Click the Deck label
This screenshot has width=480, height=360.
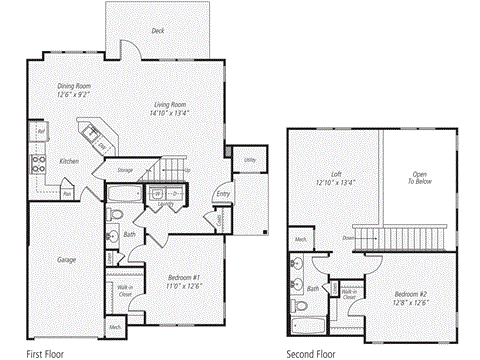tap(158, 31)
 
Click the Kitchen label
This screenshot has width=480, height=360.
tap(69, 161)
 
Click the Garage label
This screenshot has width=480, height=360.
tap(66, 259)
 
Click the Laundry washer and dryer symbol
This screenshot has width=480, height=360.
tap(157, 193)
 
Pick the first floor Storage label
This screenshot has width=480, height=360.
tap(126, 171)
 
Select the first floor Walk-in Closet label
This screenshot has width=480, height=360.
tap(126, 292)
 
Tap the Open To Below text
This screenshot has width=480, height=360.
tap(417, 180)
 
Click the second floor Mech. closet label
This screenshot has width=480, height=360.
tap(300, 240)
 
